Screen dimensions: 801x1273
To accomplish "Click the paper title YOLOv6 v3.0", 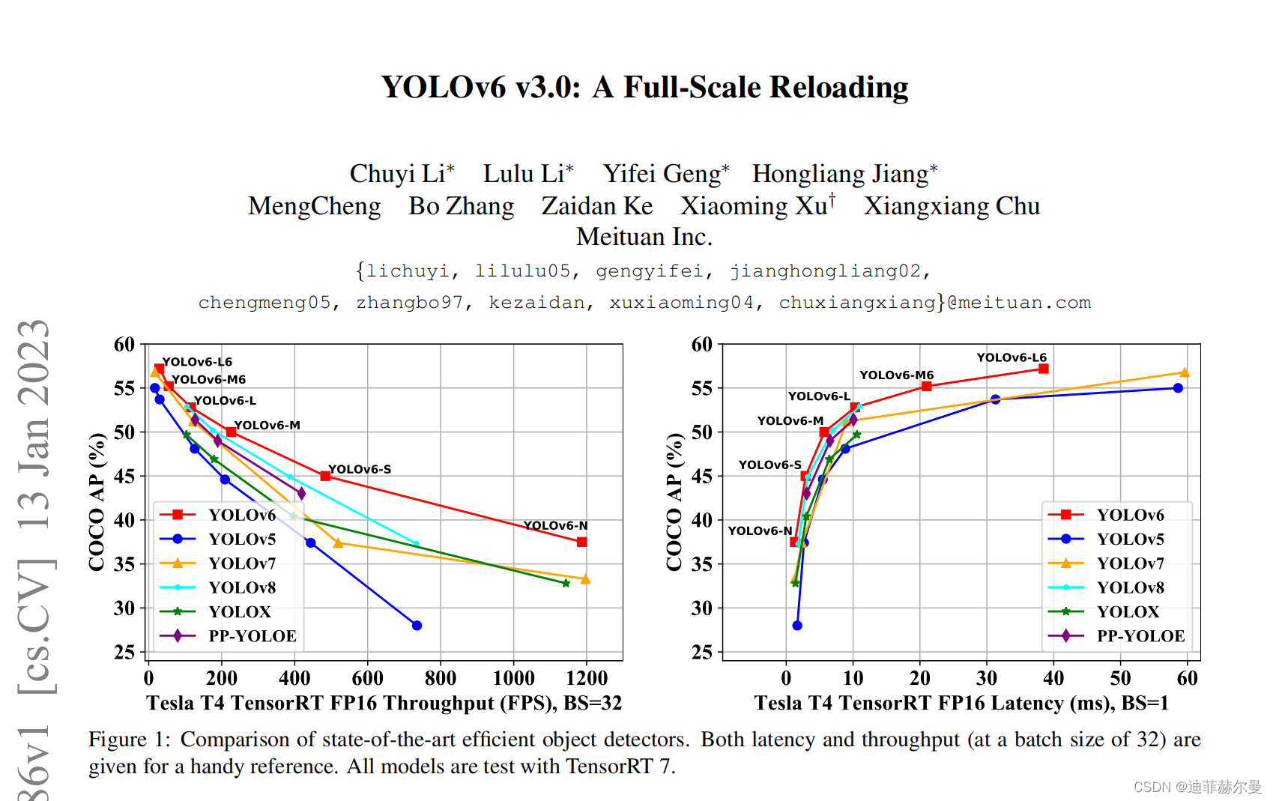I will (x=644, y=88).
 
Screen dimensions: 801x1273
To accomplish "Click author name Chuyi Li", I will (x=401, y=174).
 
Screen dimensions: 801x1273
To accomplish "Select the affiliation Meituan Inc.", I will (x=644, y=237).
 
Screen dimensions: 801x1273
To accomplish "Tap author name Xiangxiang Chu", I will (x=952, y=206).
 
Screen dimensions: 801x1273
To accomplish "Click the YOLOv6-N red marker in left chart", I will (x=582, y=542).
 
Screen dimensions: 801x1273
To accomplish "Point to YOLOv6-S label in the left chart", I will (x=360, y=469).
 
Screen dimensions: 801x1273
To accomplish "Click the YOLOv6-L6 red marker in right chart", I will (x=1043, y=369).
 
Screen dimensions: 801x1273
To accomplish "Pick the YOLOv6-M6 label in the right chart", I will (x=896, y=375).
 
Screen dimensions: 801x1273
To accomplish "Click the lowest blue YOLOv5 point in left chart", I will (x=417, y=626).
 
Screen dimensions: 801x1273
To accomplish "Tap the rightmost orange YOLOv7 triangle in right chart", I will (x=1185, y=372).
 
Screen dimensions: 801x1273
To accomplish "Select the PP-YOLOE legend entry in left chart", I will (x=252, y=636).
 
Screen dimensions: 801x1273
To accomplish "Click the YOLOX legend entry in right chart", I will (x=1127, y=612).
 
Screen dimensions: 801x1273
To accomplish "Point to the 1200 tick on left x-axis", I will (x=587, y=678).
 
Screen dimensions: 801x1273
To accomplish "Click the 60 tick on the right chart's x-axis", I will (x=1187, y=678).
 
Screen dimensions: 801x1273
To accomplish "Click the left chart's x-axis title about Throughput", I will (x=384, y=703).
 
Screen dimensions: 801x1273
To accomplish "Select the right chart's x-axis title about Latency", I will (x=961, y=703).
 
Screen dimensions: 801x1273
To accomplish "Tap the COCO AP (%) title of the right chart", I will (x=674, y=501).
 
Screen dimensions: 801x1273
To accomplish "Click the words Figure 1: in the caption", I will (x=130, y=740).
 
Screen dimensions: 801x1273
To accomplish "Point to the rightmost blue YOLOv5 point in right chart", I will (x=1178, y=388).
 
